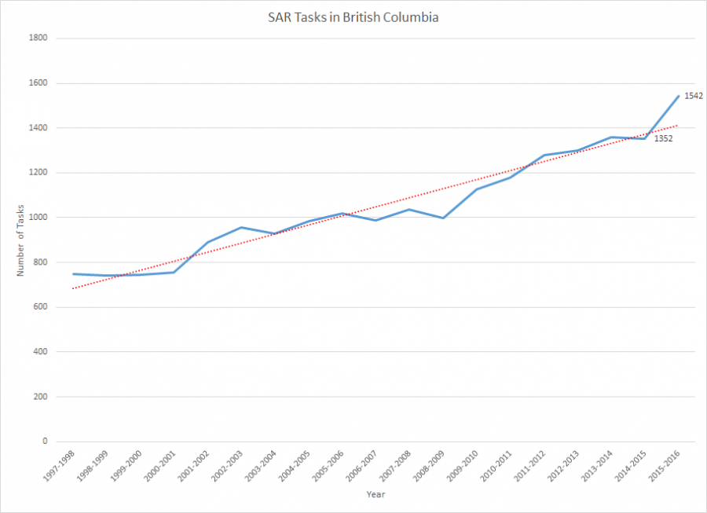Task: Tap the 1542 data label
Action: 693,96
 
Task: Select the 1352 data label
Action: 664,139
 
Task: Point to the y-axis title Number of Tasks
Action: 21,240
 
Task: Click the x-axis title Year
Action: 375,494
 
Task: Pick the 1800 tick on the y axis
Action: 40,38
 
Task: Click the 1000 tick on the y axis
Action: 40,218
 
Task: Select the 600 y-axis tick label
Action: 42,307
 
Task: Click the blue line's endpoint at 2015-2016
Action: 678,96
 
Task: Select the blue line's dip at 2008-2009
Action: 443,218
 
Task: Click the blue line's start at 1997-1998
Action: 73,273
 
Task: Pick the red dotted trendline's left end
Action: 73,288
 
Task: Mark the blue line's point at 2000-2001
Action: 174,272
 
